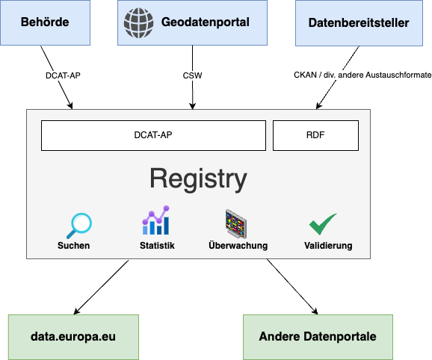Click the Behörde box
tap(45, 22)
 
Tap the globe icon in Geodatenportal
tap(138, 23)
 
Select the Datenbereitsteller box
tap(359, 23)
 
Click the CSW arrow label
tap(192, 75)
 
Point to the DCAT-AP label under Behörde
tap(63, 75)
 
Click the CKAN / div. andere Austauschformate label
tap(362, 75)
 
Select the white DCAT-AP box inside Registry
tap(153, 135)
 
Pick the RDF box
tap(315, 135)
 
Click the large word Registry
tap(198, 179)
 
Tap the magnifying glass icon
tap(79, 226)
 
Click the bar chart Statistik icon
tap(156, 220)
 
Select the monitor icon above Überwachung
tap(236, 224)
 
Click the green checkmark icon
tap(323, 224)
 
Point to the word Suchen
tap(73, 246)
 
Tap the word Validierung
tap(328, 246)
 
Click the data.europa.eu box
tap(73, 337)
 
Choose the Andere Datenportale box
tap(318, 337)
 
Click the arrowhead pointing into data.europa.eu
tap(76, 311)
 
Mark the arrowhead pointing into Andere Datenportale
tap(315, 311)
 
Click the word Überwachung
tap(238, 245)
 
